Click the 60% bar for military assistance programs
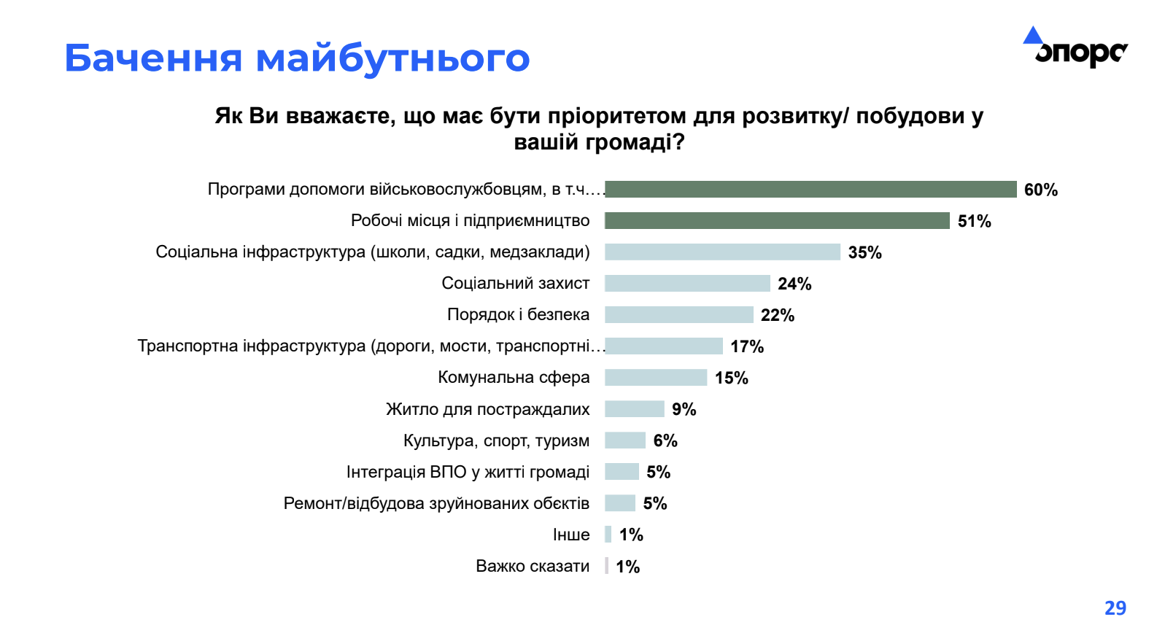click(x=810, y=190)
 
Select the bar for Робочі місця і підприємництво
click(x=777, y=221)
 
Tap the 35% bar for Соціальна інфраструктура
click(x=722, y=252)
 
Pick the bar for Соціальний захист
click(x=687, y=284)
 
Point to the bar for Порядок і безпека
click(x=678, y=315)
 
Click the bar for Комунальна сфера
click(x=656, y=378)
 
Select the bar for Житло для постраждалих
click(x=635, y=409)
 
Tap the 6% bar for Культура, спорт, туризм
click(x=625, y=440)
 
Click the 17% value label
click(x=747, y=346)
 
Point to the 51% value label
click(x=974, y=221)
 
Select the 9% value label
click(x=684, y=409)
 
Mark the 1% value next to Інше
click(x=631, y=535)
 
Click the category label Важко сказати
click(x=533, y=566)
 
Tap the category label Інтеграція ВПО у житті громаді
click(x=468, y=472)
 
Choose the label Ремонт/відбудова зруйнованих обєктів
click(x=436, y=503)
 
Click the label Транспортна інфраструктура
click(x=371, y=346)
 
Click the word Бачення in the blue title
click(x=153, y=58)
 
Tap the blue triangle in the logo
click(x=1032, y=36)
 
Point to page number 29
click(x=1115, y=607)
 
